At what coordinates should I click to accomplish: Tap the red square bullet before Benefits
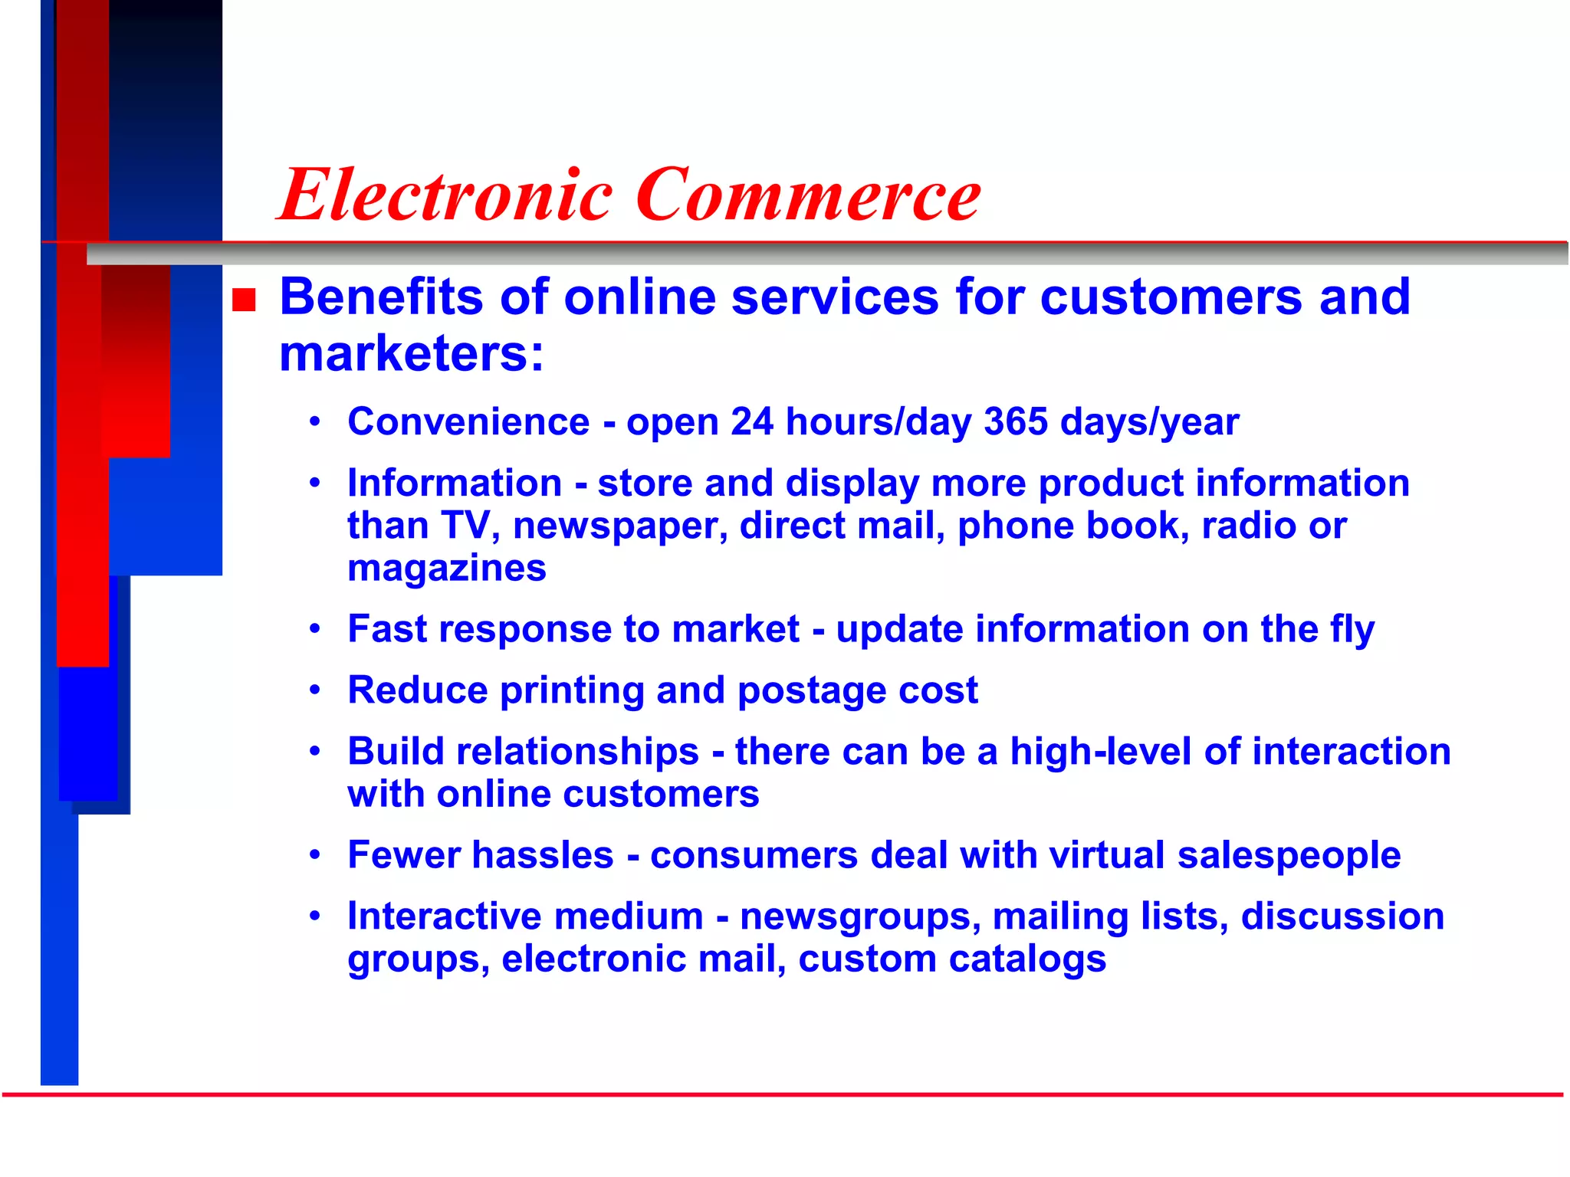pos(244,300)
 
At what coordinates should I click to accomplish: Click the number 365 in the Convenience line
pos(1015,422)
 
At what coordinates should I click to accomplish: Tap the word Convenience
pos(468,422)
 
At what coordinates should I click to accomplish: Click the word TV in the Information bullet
pos(465,526)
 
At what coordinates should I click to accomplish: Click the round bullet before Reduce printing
pos(314,690)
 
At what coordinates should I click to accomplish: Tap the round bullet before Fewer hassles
pos(314,854)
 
